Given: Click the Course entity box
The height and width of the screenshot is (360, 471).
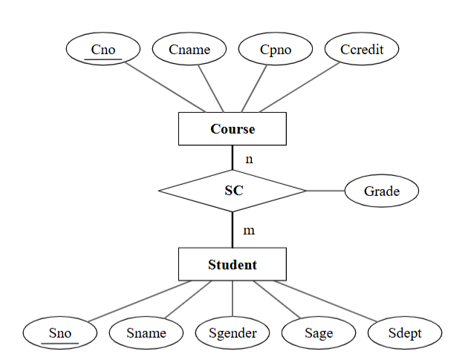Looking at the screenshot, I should [x=233, y=129].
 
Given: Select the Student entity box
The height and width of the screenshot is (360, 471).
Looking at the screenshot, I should [x=233, y=264].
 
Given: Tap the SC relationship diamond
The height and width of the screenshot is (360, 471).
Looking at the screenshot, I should [x=233, y=191].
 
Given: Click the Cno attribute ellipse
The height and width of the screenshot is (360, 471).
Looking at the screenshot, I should [x=103, y=50].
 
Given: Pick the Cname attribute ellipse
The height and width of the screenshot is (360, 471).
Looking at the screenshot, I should [x=189, y=50].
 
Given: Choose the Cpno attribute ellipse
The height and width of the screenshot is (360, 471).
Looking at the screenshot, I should [x=276, y=50].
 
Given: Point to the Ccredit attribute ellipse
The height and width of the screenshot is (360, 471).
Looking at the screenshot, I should [x=362, y=50].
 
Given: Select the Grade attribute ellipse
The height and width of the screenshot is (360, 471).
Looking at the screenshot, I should [x=381, y=191].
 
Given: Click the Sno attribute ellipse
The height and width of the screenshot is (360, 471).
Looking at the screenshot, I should [x=60, y=333].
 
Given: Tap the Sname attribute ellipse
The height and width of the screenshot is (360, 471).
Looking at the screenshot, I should [x=146, y=333].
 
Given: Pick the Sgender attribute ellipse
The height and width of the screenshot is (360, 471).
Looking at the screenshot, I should [x=233, y=333].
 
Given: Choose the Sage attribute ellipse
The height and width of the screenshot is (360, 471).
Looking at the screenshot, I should [x=319, y=333].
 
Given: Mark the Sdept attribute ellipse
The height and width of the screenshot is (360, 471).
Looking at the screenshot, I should [x=405, y=333].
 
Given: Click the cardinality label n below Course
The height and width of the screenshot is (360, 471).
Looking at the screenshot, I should [x=249, y=159].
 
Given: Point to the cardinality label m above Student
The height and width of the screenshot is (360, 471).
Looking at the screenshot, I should [x=249, y=230].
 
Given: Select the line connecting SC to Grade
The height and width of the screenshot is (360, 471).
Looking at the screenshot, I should [x=325, y=191].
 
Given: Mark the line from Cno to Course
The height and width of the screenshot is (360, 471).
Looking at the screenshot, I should [x=165, y=87].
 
